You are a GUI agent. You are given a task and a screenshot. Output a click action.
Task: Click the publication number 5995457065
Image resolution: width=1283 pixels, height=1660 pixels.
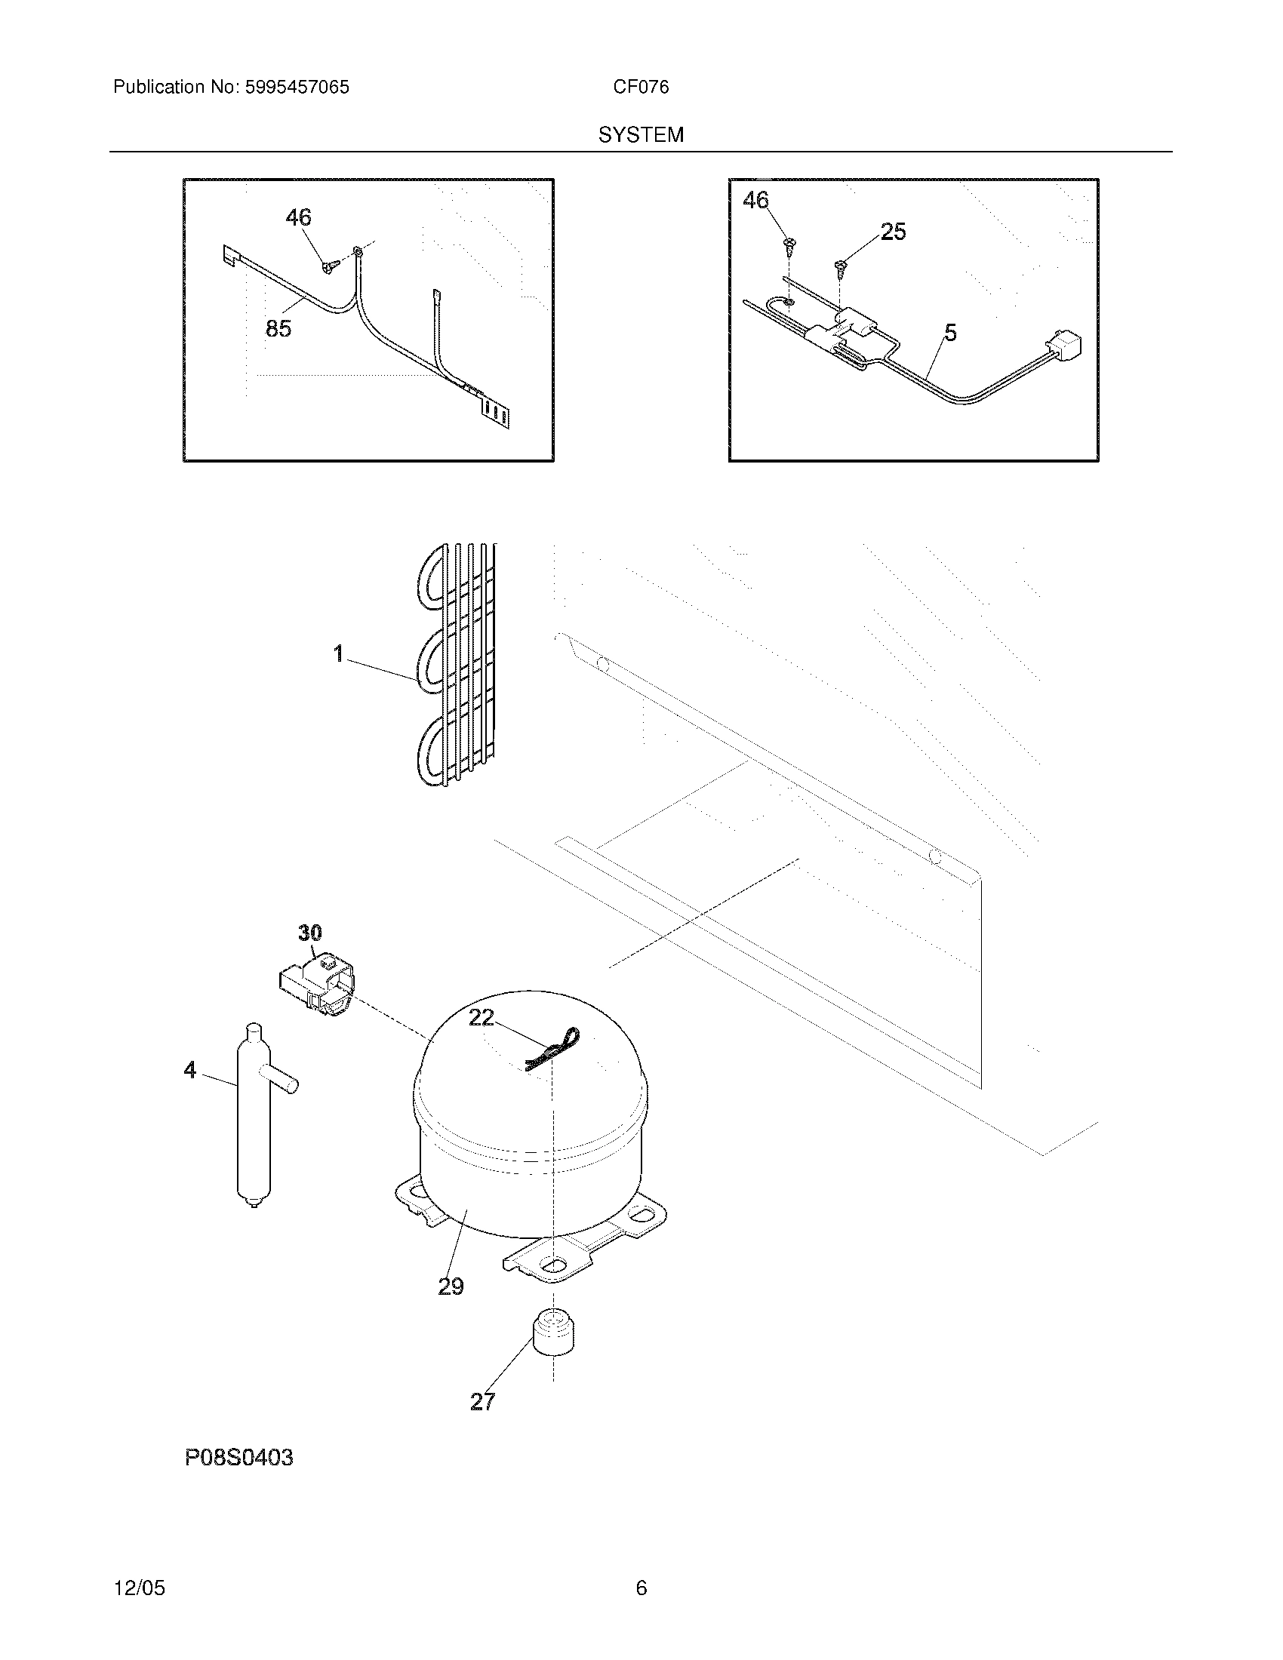297,88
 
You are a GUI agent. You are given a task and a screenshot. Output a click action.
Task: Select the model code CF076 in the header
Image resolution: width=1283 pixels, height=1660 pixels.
641,88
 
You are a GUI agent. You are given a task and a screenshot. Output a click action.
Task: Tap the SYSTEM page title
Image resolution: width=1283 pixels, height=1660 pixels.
641,135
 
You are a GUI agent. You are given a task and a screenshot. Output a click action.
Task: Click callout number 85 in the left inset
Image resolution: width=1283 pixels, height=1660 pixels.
278,329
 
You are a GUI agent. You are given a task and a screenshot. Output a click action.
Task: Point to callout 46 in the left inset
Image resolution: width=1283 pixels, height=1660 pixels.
298,218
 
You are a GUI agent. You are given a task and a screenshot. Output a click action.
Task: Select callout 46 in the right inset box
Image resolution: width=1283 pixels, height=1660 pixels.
755,201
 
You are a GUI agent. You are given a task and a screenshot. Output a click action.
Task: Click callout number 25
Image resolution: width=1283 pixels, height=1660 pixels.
893,232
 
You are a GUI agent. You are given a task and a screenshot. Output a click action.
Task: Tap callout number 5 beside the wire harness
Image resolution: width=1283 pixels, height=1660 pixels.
950,333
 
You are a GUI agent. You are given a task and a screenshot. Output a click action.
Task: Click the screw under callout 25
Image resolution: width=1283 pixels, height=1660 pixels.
841,266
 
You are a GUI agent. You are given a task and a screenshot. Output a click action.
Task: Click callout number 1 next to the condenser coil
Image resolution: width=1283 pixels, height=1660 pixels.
339,653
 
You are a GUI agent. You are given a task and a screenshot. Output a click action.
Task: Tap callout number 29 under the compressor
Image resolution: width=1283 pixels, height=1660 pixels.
451,1286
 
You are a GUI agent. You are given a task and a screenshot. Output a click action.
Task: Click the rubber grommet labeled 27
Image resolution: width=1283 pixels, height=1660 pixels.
553,1333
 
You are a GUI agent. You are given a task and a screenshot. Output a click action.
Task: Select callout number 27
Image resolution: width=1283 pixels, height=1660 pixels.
483,1402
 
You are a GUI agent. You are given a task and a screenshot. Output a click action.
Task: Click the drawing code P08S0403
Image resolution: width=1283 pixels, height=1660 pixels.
238,1458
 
